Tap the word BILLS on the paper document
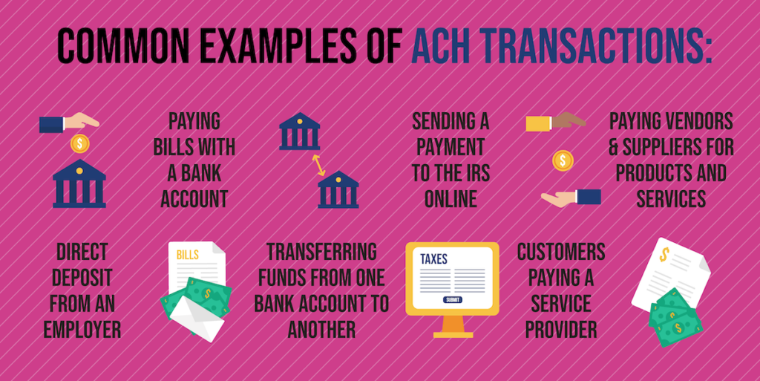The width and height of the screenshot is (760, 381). click(188, 255)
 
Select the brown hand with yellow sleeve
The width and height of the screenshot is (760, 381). click(555, 122)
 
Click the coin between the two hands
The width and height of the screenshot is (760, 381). click(563, 160)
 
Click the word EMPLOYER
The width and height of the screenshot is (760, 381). click(82, 329)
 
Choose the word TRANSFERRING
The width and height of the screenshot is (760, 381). click(321, 252)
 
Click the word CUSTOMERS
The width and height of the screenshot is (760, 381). click(561, 252)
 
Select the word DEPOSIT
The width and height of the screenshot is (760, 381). click(82, 278)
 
